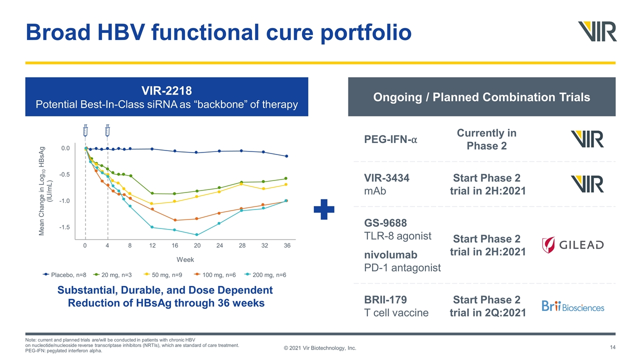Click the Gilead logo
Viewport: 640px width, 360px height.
coord(572,245)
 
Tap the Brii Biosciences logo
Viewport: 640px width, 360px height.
coord(572,306)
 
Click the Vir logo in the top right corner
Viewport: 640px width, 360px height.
coord(597,31)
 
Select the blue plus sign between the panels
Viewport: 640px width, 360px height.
coord(323,209)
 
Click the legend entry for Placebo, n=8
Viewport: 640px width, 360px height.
coord(64,274)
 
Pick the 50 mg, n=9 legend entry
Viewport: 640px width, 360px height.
coord(165,274)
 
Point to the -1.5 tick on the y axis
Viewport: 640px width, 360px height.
coord(65,227)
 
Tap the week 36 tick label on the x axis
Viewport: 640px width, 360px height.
coord(287,246)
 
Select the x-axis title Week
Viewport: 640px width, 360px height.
coord(185,259)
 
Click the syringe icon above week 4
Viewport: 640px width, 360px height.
coord(107,130)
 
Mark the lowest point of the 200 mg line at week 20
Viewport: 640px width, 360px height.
coord(197,234)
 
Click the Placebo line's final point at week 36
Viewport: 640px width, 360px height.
coord(286,156)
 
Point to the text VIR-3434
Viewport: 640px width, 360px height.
coord(388,177)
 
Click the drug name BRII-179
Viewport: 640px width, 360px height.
coord(385,299)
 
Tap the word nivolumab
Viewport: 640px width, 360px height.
coord(389,254)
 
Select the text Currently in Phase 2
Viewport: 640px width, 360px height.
coord(486,139)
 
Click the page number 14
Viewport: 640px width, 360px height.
coord(612,347)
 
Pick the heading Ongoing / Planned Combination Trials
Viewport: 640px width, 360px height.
coord(481,97)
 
